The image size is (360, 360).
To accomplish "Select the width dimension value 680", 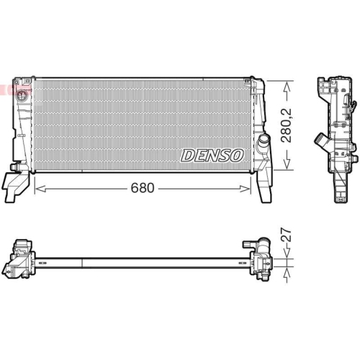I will pyautogui.click(x=143, y=189).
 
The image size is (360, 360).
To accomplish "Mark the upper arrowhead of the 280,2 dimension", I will pyautogui.click(x=287, y=84).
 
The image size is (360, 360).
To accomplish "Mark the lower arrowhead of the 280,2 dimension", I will pyautogui.click(x=287, y=168).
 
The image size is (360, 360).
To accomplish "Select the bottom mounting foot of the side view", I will pyautogui.click(x=337, y=189).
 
